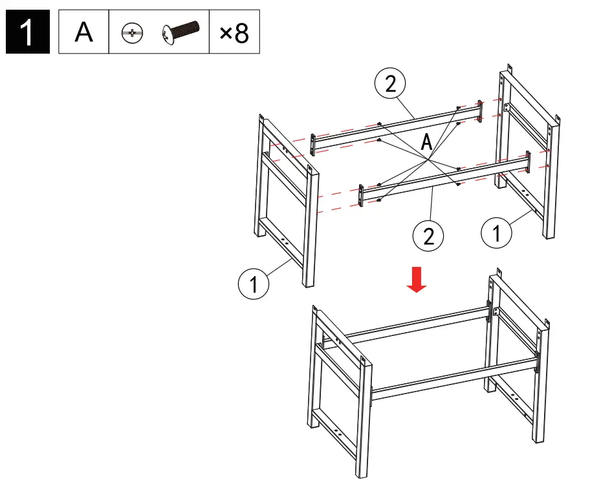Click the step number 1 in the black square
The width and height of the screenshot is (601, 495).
(x=27, y=32)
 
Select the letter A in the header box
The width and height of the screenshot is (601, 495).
(x=83, y=32)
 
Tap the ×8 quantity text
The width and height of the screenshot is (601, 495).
(x=234, y=32)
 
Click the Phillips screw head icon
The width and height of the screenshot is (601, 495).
(x=132, y=32)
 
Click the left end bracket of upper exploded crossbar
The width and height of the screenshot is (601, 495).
(x=313, y=143)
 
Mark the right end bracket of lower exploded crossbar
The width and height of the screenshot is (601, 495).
(x=529, y=162)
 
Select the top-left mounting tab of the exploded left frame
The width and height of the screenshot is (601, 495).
(x=261, y=119)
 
